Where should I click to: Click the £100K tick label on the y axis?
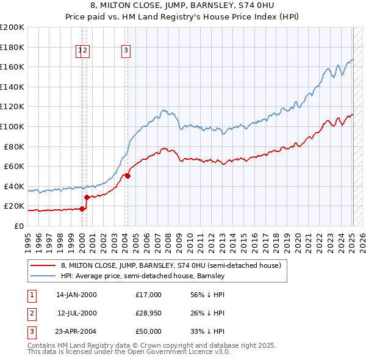(x=12, y=126)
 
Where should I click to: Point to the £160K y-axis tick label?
(x=12, y=67)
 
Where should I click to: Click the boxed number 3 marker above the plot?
(x=126, y=51)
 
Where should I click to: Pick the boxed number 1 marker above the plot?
(x=80, y=51)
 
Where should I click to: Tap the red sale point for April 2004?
(x=127, y=176)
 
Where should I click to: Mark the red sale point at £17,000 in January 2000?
(x=82, y=209)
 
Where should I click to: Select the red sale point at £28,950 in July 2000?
(x=87, y=197)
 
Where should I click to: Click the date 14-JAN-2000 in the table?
(x=76, y=295)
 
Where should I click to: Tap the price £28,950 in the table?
(x=148, y=313)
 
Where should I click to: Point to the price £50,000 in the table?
(x=148, y=331)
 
